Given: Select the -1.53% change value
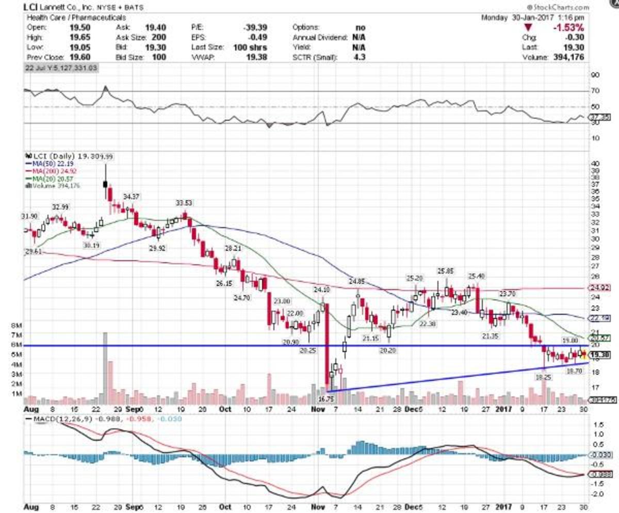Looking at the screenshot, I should point(569,27).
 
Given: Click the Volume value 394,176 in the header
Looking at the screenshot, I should point(569,57).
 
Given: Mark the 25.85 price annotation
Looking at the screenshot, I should point(446,270).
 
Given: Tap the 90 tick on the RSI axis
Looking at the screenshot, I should point(595,75).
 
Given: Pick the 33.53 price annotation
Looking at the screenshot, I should point(184,202).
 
